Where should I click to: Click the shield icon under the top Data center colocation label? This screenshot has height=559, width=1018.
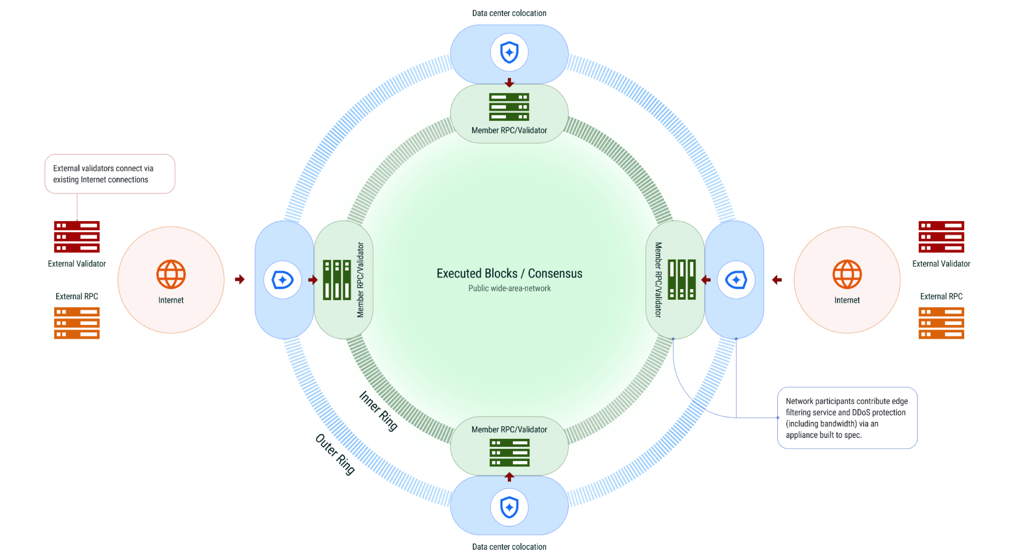(x=509, y=53)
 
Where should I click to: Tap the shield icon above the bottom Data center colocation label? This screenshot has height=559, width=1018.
(x=509, y=507)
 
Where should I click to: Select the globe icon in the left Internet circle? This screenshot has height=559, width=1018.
(x=171, y=274)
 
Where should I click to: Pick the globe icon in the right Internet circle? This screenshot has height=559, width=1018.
(x=847, y=274)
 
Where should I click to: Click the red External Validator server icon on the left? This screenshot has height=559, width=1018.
(x=76, y=237)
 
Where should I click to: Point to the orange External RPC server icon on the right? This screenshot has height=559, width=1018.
(x=941, y=323)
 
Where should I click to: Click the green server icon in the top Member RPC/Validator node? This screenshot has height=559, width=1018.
(x=509, y=107)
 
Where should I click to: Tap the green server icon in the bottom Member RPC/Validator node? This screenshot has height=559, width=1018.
(x=509, y=453)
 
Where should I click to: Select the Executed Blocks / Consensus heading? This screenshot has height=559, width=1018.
(x=509, y=274)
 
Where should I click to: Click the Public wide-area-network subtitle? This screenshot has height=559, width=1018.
(x=509, y=288)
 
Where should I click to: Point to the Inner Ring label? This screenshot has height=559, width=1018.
(x=378, y=411)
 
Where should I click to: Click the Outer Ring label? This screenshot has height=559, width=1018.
(x=335, y=454)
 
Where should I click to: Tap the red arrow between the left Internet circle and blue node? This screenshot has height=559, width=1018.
(x=240, y=279)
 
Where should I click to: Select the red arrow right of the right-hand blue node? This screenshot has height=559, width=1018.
(x=777, y=279)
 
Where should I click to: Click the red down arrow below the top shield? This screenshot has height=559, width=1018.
(x=509, y=82)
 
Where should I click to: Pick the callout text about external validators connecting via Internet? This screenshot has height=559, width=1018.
(x=103, y=174)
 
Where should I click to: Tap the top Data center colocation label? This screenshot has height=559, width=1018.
(x=509, y=13)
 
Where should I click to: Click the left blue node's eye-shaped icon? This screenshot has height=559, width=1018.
(x=282, y=280)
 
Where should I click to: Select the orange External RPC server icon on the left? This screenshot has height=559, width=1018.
(x=76, y=323)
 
